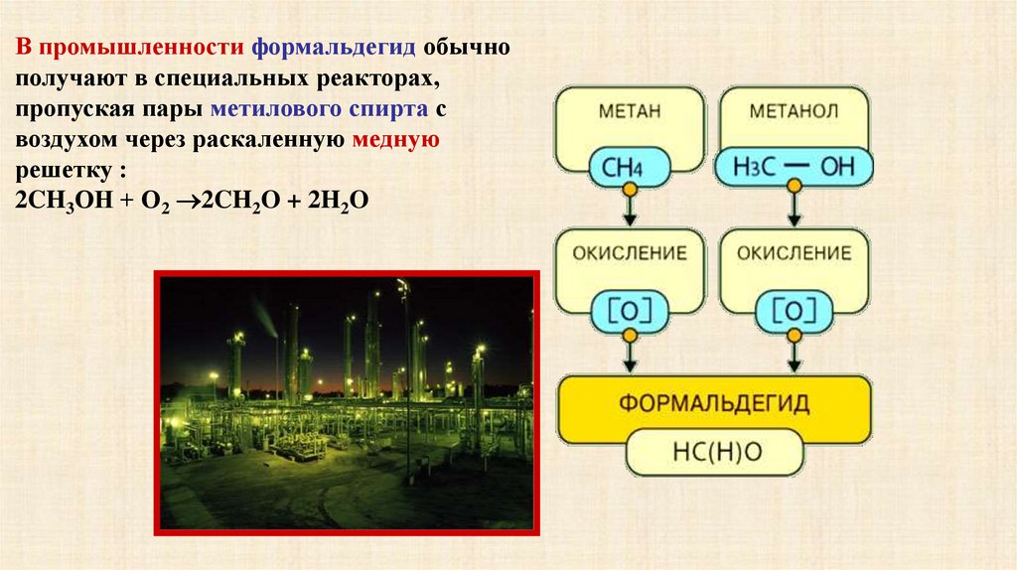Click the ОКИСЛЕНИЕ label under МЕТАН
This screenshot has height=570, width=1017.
coord(629,253)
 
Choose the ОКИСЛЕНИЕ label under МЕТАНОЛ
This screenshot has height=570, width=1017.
coord(795,253)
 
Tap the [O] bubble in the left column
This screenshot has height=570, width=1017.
coord(629,312)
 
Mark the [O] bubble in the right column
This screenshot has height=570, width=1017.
coord(794,312)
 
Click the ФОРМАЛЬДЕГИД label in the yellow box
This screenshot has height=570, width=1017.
coord(714,403)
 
